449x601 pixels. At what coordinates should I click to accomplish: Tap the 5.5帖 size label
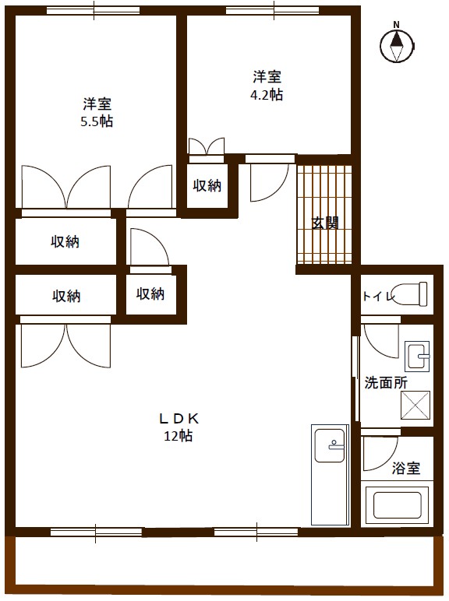[97, 121]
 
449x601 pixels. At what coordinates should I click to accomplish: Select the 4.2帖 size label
[267, 94]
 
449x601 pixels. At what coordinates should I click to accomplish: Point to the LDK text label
[179, 419]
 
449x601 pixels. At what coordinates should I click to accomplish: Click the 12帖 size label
[179, 436]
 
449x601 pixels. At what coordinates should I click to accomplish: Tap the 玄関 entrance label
[325, 223]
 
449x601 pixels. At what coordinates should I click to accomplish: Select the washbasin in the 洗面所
[417, 357]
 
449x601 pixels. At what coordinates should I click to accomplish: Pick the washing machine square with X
[415, 405]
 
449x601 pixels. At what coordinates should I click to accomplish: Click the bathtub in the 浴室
[398, 504]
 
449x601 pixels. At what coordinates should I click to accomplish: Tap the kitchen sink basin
[330, 445]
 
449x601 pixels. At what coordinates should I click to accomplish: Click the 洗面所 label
[386, 382]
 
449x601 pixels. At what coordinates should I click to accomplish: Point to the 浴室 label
[406, 468]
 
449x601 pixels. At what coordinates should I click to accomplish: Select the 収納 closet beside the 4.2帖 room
[207, 186]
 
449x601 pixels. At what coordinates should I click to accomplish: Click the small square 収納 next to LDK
[150, 294]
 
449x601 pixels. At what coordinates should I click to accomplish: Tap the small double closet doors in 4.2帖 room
[207, 147]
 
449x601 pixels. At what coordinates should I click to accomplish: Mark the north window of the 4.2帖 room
[274, 11]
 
